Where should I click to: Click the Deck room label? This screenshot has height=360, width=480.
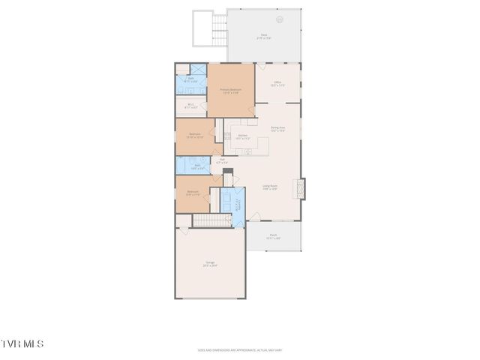264,35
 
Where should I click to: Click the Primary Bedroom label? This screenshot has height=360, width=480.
229,91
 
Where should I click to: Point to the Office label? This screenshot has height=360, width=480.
277,83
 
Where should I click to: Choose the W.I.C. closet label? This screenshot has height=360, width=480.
191,106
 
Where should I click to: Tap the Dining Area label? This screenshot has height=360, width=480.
278,129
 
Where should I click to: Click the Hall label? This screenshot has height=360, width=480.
221,161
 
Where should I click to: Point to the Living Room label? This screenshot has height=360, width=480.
270,187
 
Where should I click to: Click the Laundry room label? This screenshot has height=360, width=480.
238,204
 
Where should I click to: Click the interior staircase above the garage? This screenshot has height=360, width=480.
209,220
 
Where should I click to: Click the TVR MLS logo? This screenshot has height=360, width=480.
22,344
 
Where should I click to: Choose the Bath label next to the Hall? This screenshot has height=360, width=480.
197,166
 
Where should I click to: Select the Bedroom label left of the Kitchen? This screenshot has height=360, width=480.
194,136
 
